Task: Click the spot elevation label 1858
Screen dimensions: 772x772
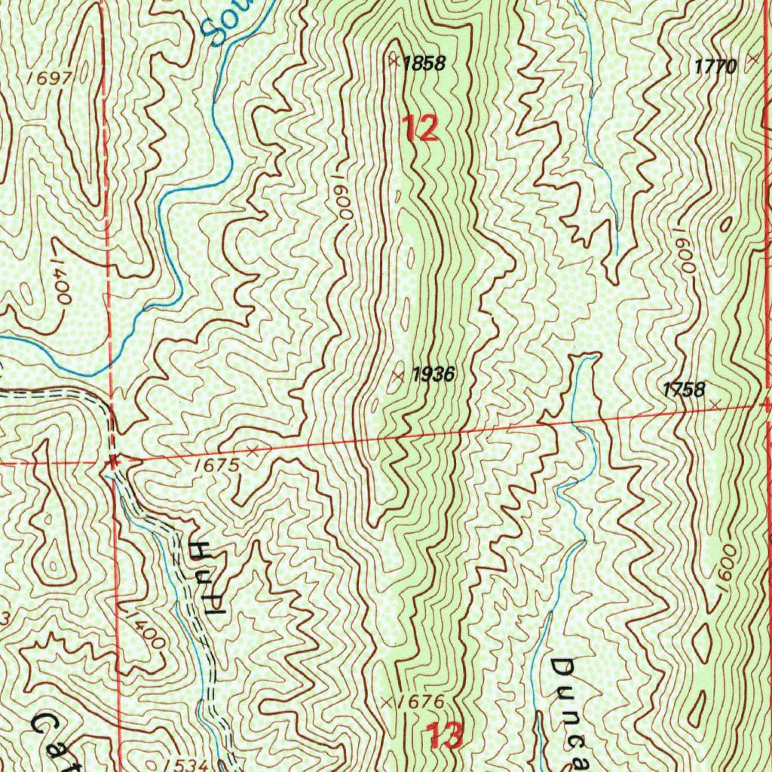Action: pos(424,64)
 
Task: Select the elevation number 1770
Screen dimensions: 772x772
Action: pos(715,67)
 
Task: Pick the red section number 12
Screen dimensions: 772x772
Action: pos(419,129)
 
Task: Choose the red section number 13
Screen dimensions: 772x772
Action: pos(444,735)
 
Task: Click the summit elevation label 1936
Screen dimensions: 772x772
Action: pos(433,374)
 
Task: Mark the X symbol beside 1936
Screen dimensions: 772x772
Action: pos(399,374)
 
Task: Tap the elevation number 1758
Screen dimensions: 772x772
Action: pos(683,390)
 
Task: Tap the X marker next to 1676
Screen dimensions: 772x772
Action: pos(388,702)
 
